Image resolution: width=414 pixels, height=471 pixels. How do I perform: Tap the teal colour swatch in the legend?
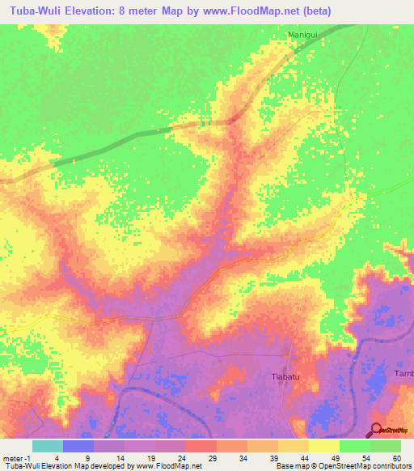tap(48, 446)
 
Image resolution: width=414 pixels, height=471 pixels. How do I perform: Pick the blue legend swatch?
tap(78, 446)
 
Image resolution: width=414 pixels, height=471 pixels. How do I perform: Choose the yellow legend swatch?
tap(324, 446)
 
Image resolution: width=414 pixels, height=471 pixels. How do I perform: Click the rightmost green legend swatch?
tap(386, 446)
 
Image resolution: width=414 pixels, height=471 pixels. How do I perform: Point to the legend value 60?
tap(396, 457)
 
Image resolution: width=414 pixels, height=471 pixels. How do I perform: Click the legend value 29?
tap(212, 457)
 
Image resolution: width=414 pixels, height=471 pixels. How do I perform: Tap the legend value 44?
tap(304, 457)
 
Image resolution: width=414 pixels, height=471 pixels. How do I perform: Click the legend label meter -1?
tap(18, 457)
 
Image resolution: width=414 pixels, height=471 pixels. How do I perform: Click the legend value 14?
tap(120, 457)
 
